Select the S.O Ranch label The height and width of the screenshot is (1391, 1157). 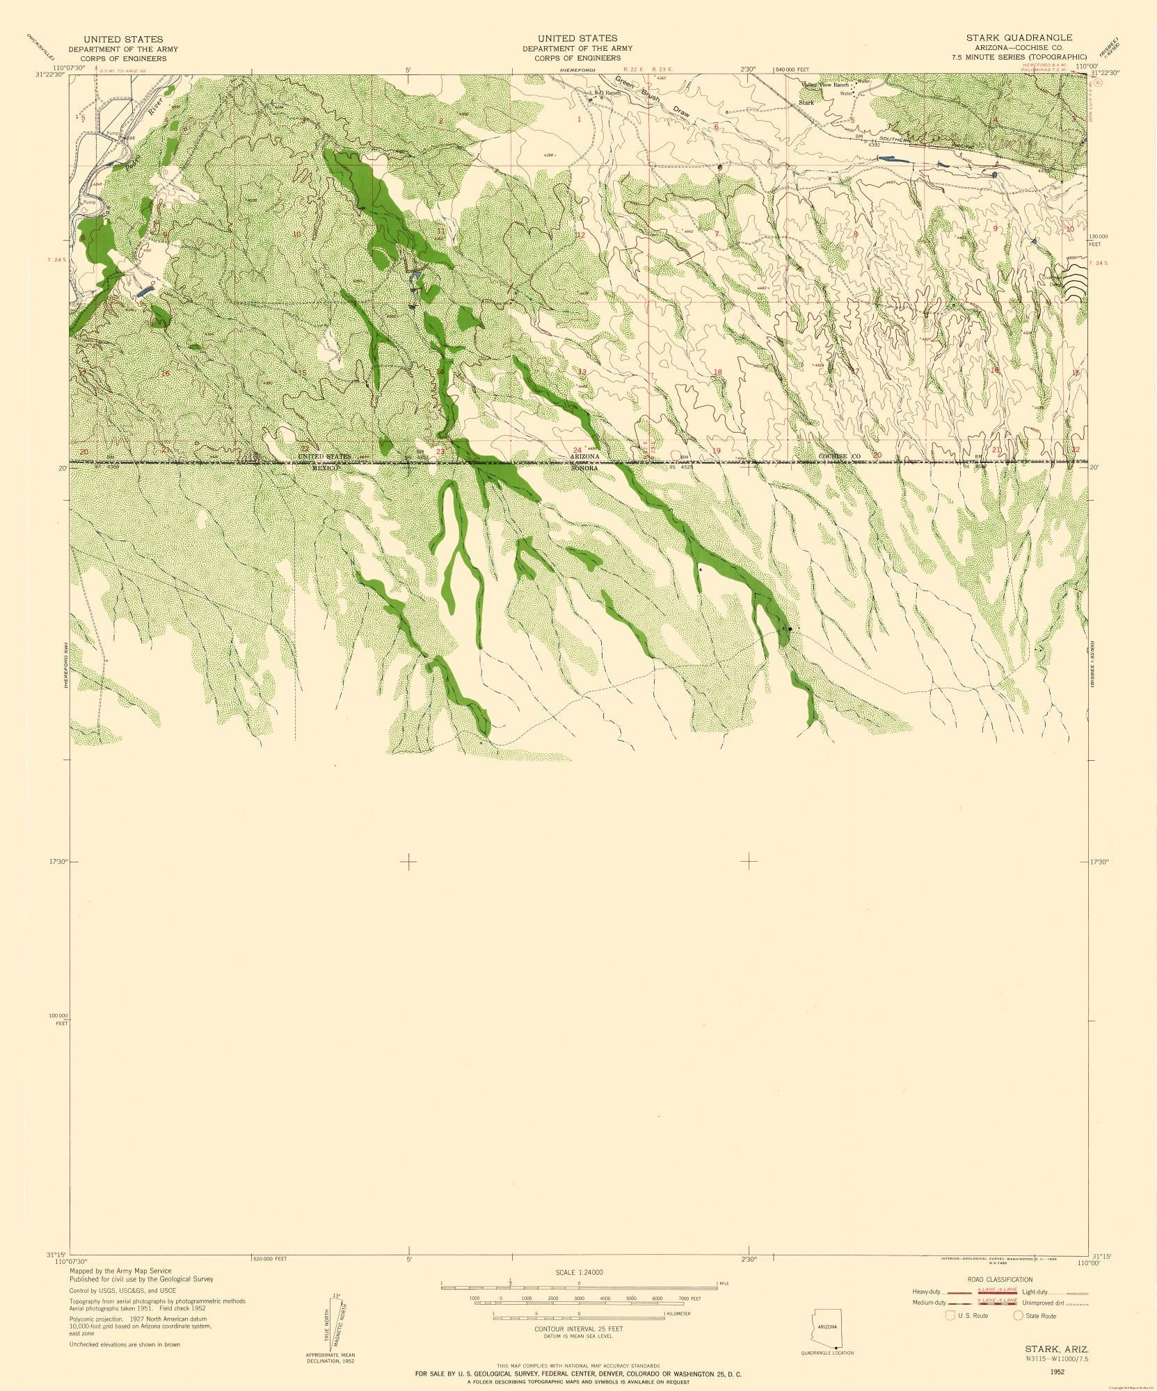[x=605, y=92]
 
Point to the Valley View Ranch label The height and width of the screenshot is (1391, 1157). [x=826, y=85]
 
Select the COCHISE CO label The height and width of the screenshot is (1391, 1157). [x=840, y=456]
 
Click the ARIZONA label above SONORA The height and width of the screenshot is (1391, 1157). [x=584, y=456]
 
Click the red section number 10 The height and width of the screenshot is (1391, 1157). [x=296, y=234]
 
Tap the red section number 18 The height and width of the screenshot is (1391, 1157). [x=717, y=372]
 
